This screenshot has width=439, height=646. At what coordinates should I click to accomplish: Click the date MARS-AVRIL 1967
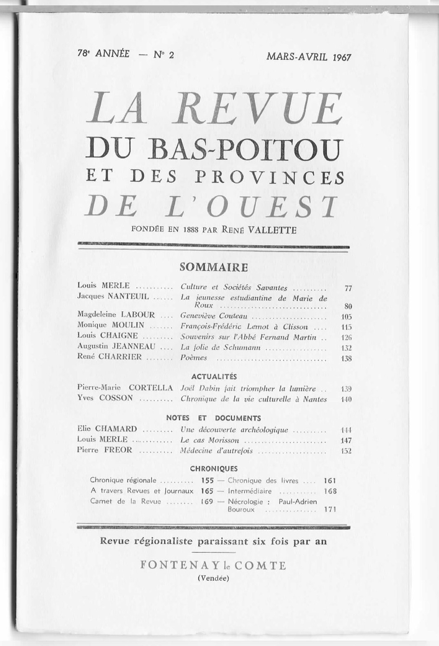click(308, 56)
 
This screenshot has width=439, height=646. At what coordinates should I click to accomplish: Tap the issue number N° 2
click(163, 54)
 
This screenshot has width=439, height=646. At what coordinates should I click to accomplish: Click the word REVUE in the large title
click(259, 109)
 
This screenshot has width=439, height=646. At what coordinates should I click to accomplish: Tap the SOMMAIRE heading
click(214, 267)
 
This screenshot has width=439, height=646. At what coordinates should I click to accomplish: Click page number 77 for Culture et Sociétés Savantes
click(348, 289)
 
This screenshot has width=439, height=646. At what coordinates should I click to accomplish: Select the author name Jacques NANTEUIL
click(113, 296)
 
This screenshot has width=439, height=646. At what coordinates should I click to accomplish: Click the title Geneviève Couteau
click(214, 316)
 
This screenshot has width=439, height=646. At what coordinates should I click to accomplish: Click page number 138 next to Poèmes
click(346, 359)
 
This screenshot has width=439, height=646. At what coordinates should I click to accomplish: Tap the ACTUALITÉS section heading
click(214, 376)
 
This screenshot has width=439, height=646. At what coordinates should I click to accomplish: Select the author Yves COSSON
click(105, 398)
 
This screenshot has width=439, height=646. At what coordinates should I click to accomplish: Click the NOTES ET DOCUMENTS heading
click(213, 418)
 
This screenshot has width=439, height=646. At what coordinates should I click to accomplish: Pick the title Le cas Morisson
click(210, 440)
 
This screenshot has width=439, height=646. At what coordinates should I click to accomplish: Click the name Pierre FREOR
click(105, 450)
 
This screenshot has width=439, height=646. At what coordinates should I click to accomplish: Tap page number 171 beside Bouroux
click(330, 510)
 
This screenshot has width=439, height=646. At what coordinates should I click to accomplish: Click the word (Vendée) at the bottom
click(213, 578)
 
